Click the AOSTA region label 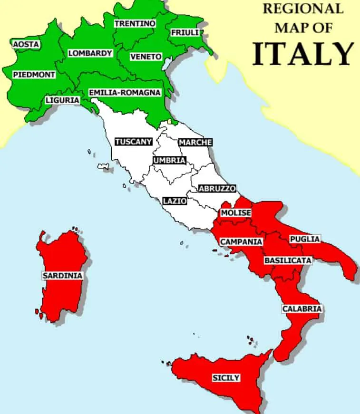tap(26, 44)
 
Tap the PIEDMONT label tap(34, 75)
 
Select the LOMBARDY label tap(90, 53)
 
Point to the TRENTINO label tap(135, 23)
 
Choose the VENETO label tap(146, 57)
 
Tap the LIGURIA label tap(62, 100)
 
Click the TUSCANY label tap(134, 141)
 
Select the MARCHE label tap(195, 142)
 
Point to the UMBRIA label tap(169, 160)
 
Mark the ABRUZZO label tap(217, 188)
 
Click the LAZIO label tap(175, 201)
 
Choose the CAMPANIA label tap(241, 241)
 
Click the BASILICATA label tap(288, 260)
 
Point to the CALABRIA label tap(302, 308)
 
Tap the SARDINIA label tap(62, 275)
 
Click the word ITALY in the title tap(303, 53)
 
